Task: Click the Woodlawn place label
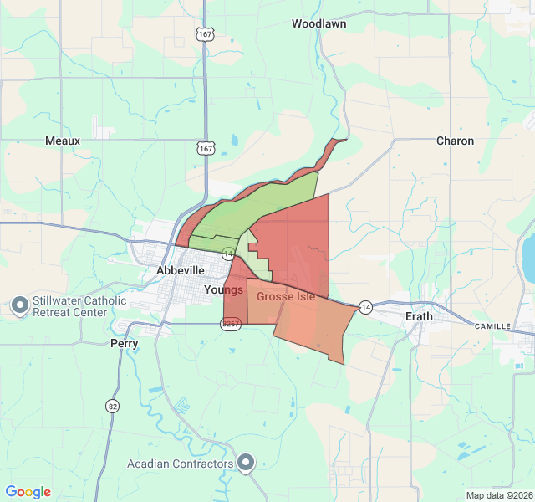pyautogui.click(x=318, y=24)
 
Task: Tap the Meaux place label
pyautogui.click(x=63, y=141)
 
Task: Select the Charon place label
pyautogui.click(x=455, y=141)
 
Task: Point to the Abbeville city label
pyautogui.click(x=181, y=271)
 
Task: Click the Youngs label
pyautogui.click(x=223, y=290)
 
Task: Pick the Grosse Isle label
pyautogui.click(x=286, y=297)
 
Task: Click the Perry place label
pyautogui.click(x=125, y=343)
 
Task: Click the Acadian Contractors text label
pyautogui.click(x=180, y=464)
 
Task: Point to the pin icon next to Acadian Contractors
pyautogui.click(x=246, y=463)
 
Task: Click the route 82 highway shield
pyautogui.click(x=112, y=406)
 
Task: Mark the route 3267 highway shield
pyautogui.click(x=232, y=323)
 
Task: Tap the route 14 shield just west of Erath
pyautogui.click(x=365, y=307)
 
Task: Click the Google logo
pyautogui.click(x=28, y=492)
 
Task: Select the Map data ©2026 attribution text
pyautogui.click(x=498, y=495)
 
